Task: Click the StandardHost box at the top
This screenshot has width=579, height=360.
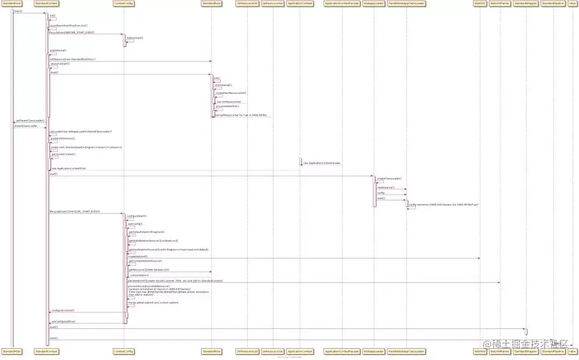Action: point(11,3)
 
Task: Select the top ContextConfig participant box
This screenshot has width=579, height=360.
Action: point(124,3)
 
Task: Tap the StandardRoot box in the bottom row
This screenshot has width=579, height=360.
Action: point(210,351)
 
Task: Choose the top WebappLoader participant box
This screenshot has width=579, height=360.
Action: point(373,3)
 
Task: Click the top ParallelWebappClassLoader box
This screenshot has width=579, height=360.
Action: point(406,3)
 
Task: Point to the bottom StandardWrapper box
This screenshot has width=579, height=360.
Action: point(525,351)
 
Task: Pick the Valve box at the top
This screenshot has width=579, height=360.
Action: point(572,3)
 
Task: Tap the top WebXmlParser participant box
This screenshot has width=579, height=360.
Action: point(500,3)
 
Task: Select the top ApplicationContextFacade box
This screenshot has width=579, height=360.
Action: point(342,3)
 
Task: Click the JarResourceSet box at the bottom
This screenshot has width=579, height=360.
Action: point(272,351)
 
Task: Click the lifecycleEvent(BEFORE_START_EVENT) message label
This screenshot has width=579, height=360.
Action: point(72,32)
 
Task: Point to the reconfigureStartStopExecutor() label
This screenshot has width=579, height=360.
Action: point(69,25)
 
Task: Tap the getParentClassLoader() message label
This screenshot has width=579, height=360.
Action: point(30,121)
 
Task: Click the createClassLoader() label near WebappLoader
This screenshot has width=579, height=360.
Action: point(389,178)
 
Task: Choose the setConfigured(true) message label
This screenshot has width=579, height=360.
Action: point(63,321)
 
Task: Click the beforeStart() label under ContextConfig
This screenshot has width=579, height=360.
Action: point(135,38)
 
